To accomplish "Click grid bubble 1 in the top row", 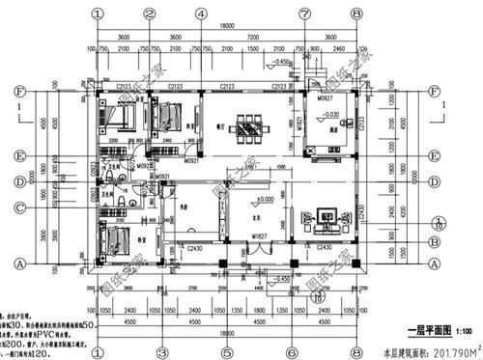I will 98,14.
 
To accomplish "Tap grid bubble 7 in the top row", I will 304,14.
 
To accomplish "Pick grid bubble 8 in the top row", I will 356,14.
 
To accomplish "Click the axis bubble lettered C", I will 18,208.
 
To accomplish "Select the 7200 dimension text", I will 251,39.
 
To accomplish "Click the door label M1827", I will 259,236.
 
